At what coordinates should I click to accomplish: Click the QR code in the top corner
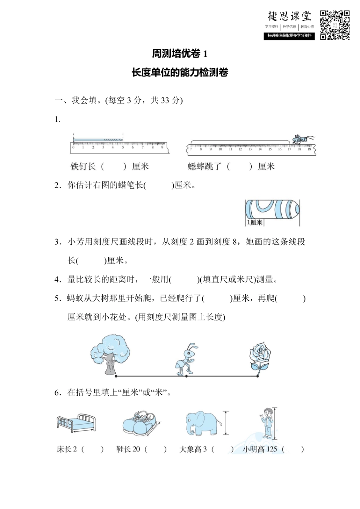pos(335,25)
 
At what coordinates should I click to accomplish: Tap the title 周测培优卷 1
pos(180,54)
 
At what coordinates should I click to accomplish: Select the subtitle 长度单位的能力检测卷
pos(180,72)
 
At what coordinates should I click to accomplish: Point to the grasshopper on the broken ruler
pos(302,139)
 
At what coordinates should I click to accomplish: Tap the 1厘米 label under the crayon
pos(255,222)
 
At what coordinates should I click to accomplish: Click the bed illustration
pos(76,423)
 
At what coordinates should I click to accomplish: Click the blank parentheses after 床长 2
pos(92,450)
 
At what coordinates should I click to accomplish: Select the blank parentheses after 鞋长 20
pos(155,450)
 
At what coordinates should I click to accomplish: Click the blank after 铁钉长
pos(114,166)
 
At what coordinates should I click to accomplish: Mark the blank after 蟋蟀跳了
pos(239,166)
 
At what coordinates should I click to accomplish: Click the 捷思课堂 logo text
pos(290,16)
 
